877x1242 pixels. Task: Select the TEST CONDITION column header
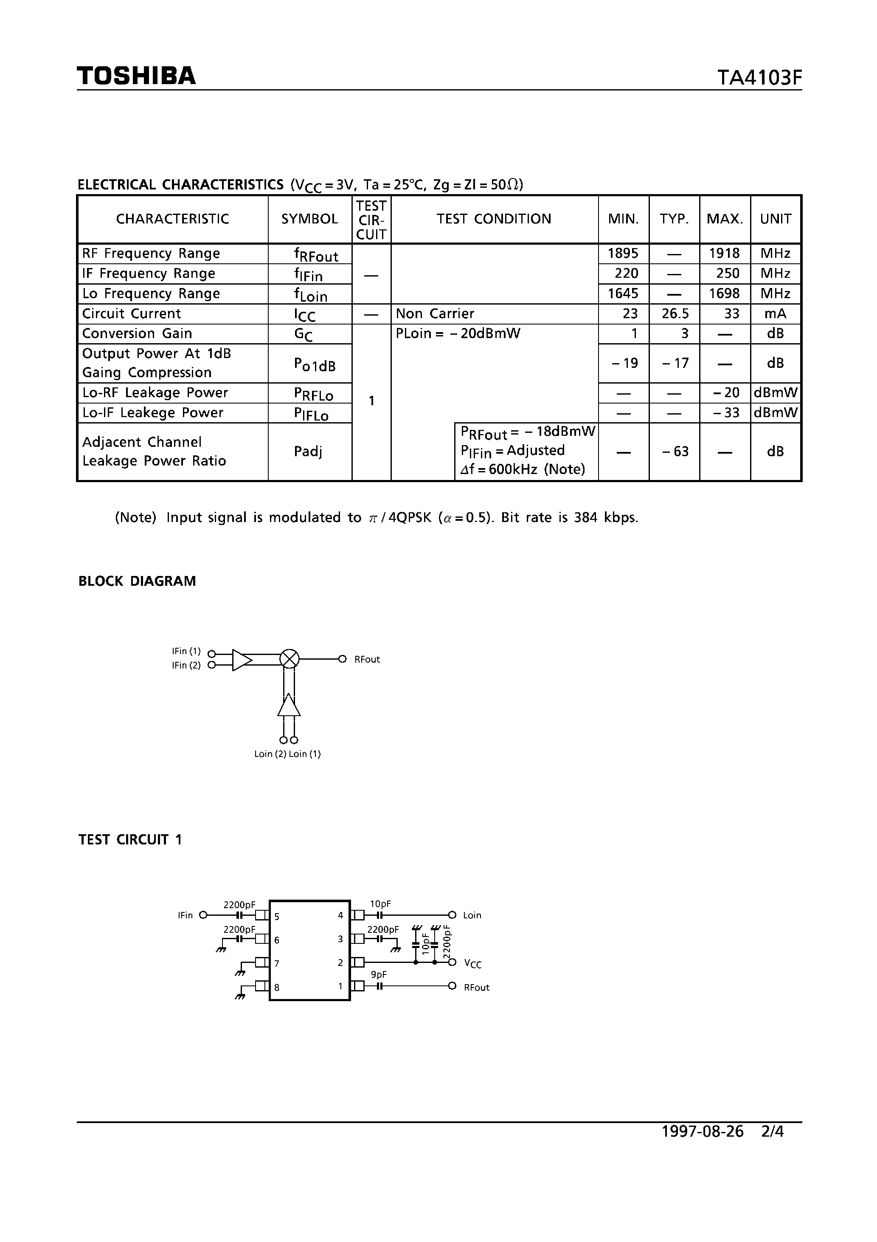494,219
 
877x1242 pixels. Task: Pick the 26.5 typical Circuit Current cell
674,314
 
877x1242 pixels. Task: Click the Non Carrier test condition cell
435,314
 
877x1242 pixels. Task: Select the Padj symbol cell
308,451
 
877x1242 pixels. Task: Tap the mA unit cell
776,314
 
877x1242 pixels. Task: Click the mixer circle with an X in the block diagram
289,659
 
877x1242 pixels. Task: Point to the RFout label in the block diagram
367,659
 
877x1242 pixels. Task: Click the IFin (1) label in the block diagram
186,651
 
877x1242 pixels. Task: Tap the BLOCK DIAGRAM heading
138,581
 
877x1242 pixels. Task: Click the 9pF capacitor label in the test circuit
379,974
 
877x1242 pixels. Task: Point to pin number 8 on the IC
277,987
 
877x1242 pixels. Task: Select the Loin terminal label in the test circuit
472,915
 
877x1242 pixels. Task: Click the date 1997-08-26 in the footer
703,1132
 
